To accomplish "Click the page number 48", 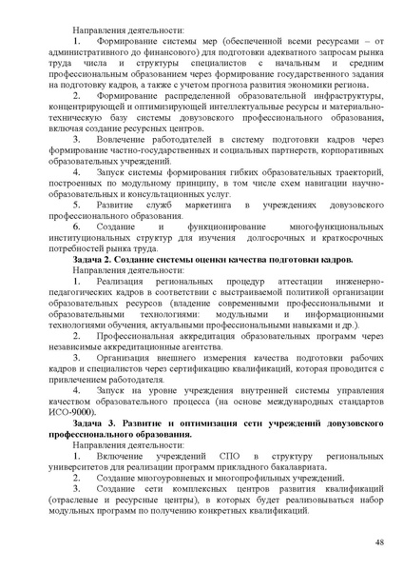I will [x=379, y=542].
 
